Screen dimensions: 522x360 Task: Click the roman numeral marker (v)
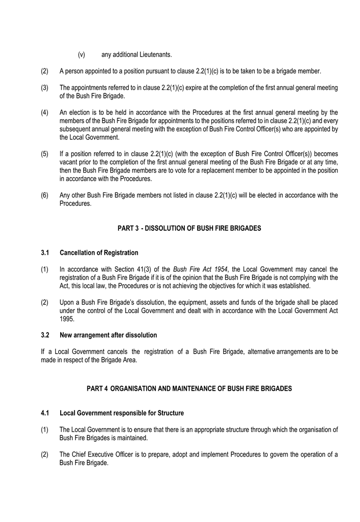click(81, 55)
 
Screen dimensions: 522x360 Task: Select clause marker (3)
click(44, 88)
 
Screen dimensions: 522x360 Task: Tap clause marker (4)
click(44, 112)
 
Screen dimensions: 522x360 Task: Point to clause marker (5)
click(44, 154)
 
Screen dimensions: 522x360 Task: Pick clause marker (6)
click(44, 195)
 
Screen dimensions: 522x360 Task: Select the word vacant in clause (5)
click(69, 162)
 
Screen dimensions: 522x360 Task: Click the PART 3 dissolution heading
click(189, 228)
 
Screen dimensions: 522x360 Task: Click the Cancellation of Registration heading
click(99, 253)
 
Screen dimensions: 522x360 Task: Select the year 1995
click(67, 319)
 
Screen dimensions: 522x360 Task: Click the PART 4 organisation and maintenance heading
click(189, 389)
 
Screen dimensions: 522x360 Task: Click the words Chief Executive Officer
click(102, 455)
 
